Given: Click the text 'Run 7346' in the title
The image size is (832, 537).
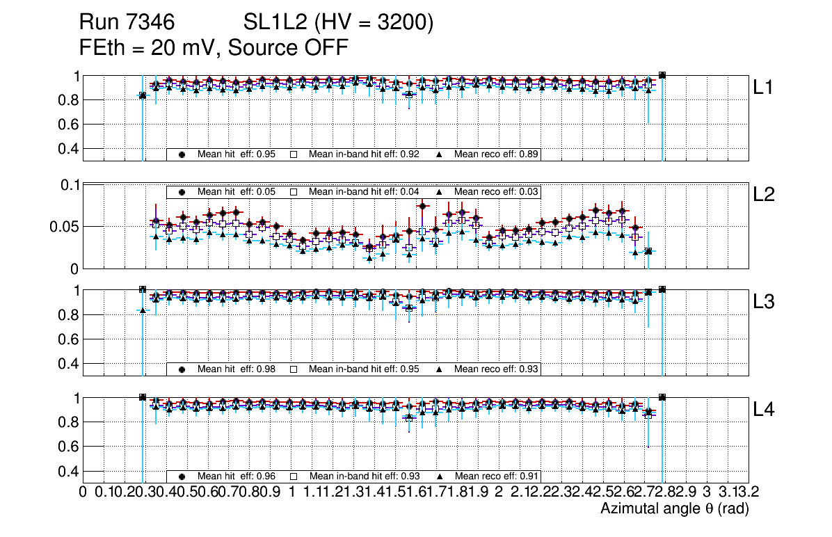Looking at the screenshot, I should (125, 24).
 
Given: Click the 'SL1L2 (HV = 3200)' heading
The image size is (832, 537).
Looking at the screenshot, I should (339, 24).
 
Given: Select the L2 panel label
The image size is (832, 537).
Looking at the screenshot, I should (765, 195).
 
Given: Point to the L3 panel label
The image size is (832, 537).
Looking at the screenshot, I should (765, 303).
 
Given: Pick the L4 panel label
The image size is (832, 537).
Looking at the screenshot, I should (765, 410).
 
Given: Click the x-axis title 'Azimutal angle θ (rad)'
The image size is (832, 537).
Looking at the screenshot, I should (674, 509).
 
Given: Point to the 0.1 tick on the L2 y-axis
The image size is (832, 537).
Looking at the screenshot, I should (70, 185).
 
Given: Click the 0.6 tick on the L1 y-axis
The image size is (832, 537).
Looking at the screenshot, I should (70, 125).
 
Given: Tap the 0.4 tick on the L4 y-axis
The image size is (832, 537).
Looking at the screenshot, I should (70, 471).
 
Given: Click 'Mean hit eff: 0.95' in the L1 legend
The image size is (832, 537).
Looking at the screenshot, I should (237, 154).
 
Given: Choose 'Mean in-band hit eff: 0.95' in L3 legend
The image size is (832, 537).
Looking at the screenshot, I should (363, 369).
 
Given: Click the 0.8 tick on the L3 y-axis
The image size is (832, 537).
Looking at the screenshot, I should (70, 315).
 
